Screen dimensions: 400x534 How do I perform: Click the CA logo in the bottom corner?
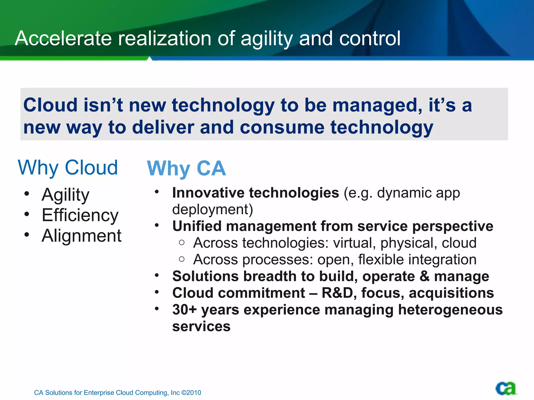pos(506,389)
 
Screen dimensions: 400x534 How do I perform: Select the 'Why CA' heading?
pos(186,168)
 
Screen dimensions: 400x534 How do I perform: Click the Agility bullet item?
pos(65,195)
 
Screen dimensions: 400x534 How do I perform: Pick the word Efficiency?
pos(80,215)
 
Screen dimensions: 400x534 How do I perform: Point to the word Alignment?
pos(81,236)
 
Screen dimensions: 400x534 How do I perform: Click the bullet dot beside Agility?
pos(27,194)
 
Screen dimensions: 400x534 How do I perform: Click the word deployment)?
pos(213,210)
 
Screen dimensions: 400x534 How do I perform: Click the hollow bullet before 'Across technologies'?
pos(182,243)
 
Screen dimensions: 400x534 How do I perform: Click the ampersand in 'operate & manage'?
pos(424,276)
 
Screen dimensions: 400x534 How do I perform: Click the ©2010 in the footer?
pos(191,393)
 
